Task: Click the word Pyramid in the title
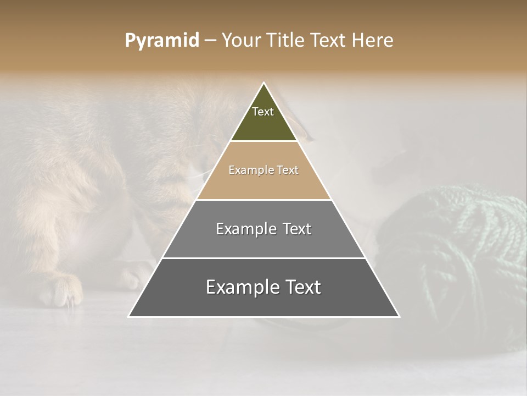click(162, 41)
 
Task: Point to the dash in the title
click(210, 41)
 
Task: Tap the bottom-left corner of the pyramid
click(129, 316)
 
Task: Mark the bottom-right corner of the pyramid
click(399, 316)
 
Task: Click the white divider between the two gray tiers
click(263, 258)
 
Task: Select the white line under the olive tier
click(263, 141)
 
